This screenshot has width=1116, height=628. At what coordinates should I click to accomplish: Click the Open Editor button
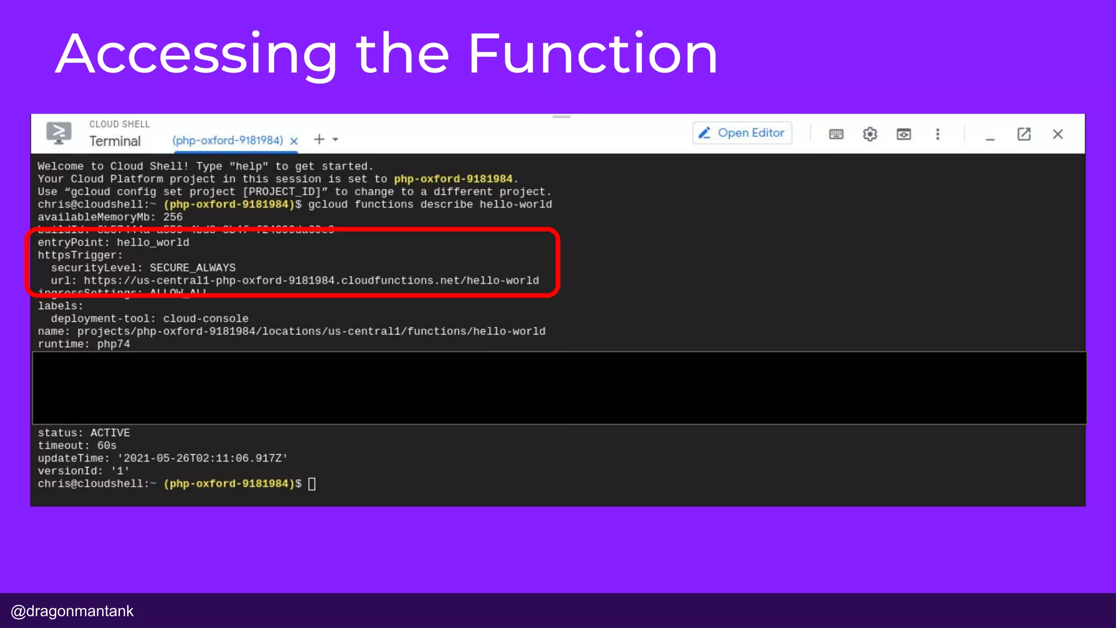coord(742,133)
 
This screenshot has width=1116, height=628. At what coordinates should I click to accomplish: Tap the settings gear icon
coord(870,134)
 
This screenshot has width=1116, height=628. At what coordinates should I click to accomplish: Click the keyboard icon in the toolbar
coord(836,134)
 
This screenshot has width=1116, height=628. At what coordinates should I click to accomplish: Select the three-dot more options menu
coord(937,134)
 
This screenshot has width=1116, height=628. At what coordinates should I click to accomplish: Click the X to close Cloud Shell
coord(1058,134)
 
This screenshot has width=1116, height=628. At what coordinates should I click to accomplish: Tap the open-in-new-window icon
coord(1024,134)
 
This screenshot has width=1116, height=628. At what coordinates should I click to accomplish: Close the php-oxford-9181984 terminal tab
coord(294,141)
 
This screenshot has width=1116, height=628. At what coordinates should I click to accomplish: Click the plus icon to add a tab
coord(319,140)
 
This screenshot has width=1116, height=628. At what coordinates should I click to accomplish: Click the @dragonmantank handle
coord(72,611)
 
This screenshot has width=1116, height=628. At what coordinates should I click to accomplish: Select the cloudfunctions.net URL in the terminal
coord(311,281)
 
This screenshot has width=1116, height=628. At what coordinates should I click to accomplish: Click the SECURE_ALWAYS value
coord(192,268)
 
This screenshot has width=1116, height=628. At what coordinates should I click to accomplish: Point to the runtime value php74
coord(113,345)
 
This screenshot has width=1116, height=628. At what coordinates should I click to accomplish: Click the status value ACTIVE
coord(110,433)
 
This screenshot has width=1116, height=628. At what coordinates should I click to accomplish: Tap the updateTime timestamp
coord(202,458)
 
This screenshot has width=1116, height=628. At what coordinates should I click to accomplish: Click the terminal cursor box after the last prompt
coord(312,484)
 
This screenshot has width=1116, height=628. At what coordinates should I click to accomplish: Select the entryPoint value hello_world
coord(153,243)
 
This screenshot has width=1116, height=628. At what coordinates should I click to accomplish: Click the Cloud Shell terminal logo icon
coord(59,133)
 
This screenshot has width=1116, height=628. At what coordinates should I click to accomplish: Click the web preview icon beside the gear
coord(903,134)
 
